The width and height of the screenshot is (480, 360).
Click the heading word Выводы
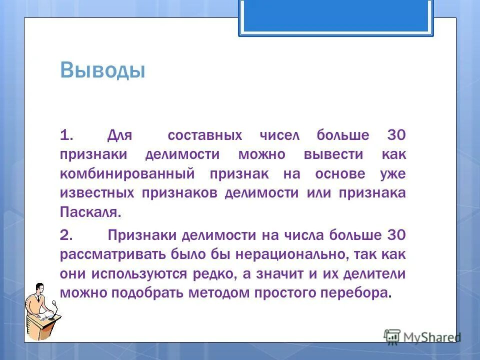(x=102, y=70)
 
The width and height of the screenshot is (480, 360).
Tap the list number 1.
(x=67, y=135)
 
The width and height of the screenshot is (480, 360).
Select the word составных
(x=205, y=135)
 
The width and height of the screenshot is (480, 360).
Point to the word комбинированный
(x=127, y=174)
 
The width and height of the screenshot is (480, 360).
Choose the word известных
(x=97, y=193)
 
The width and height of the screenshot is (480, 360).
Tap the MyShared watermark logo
(x=422, y=336)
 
